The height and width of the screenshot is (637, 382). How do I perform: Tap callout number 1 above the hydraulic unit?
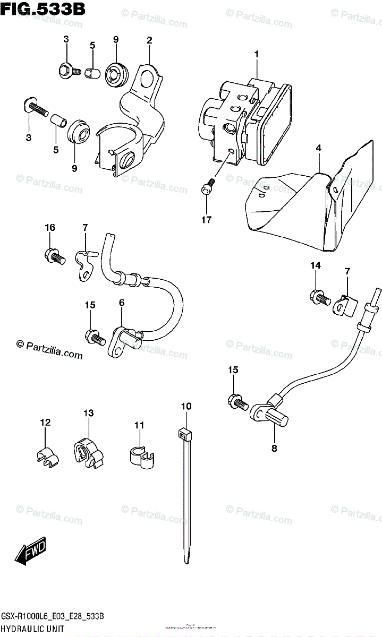[256, 54]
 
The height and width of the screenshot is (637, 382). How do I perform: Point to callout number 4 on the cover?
[318, 149]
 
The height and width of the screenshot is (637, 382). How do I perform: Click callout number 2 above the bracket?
[149, 40]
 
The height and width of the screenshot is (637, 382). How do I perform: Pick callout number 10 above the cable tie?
[185, 407]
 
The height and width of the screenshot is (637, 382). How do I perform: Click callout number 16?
[49, 228]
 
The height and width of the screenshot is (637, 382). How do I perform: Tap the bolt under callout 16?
[54, 257]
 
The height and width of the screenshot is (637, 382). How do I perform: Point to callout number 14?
[316, 265]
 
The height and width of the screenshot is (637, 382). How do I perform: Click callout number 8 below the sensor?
[274, 447]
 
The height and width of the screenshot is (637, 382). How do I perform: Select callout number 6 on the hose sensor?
[122, 303]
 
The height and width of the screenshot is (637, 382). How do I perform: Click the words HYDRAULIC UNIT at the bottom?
[33, 628]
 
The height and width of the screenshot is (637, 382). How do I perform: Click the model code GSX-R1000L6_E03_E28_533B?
[52, 616]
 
